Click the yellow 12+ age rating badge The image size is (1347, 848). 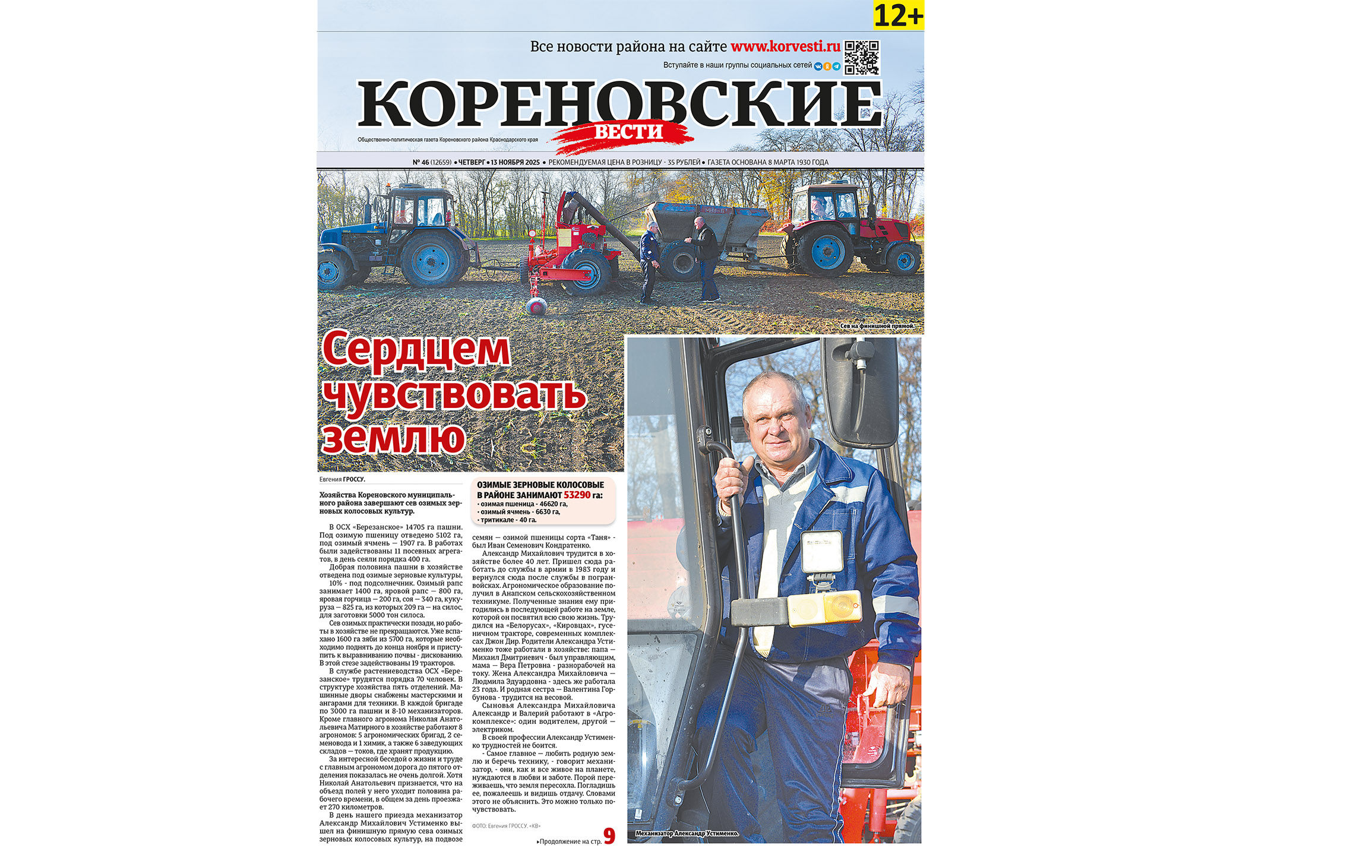pos(899,15)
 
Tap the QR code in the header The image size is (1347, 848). pos(862,58)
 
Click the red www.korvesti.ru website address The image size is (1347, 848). pos(785,47)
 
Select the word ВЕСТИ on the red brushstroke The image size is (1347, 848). pos(628,132)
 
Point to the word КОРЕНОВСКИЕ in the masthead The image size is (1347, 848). pos(620,104)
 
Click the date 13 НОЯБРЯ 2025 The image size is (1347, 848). pos(515,162)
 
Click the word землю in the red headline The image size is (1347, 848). pos(393,438)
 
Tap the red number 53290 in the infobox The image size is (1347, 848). pos(577,495)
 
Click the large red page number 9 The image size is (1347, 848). pos(609,836)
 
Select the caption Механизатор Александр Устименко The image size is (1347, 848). pos(687,834)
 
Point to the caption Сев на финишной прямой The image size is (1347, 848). pos(877,326)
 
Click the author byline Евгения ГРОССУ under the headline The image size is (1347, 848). pos(342,479)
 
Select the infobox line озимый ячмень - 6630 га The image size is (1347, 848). pos(520,512)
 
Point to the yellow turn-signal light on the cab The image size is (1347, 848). pos(824,607)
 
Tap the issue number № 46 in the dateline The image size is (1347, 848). pos(421,162)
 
